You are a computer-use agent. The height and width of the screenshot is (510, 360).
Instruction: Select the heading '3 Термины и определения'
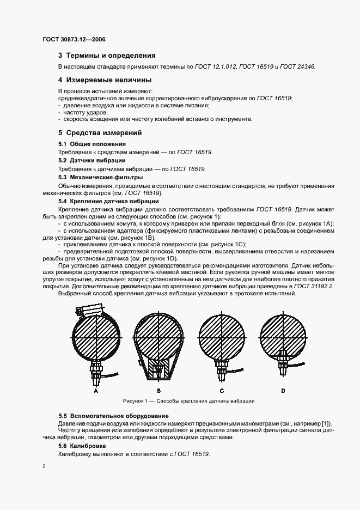pyautogui.click(x=107, y=56)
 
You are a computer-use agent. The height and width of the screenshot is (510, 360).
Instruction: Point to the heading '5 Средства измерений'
pyautogui.click(x=100, y=132)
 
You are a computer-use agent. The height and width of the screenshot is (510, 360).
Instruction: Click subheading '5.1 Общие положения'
pyautogui.click(x=88, y=144)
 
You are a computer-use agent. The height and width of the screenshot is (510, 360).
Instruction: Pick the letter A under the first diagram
pyautogui.click(x=96, y=391)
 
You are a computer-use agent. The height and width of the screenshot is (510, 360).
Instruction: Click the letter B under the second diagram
pyautogui.click(x=158, y=391)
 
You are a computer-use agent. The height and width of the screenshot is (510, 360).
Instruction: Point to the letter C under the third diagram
pyautogui.click(x=222, y=391)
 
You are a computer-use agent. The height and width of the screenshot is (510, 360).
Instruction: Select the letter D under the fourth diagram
pyautogui.click(x=283, y=391)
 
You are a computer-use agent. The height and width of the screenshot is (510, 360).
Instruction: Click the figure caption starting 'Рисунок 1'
pyautogui.click(x=188, y=401)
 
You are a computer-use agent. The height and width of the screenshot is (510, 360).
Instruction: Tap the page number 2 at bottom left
pyautogui.click(x=44, y=466)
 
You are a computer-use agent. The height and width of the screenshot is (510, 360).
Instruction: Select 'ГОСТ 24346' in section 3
pyautogui.click(x=298, y=66)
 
